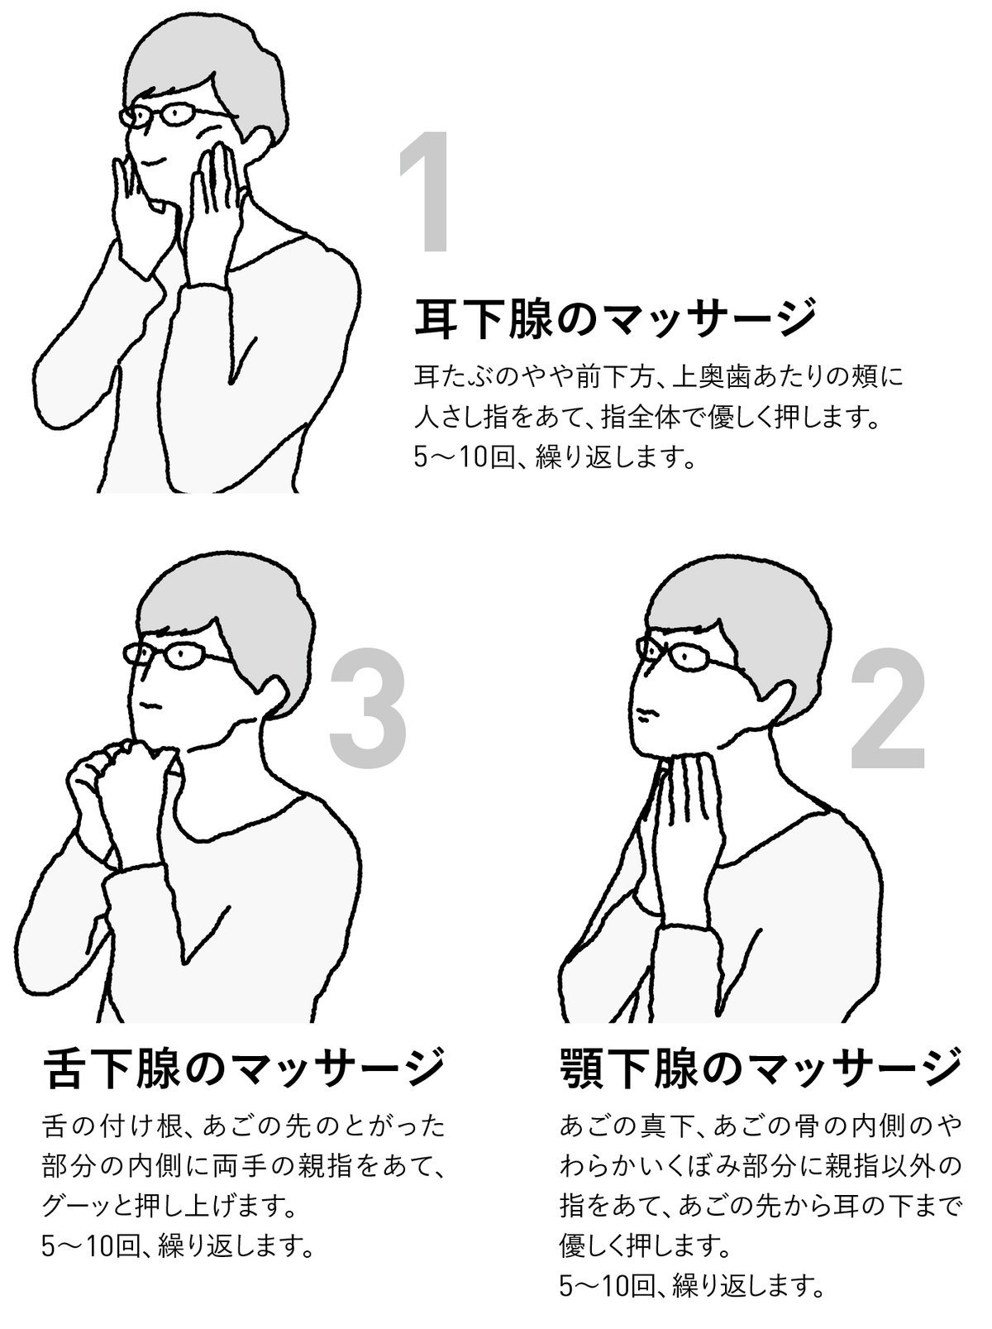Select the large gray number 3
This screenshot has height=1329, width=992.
(x=368, y=708)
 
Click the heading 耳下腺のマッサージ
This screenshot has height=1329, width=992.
(x=614, y=318)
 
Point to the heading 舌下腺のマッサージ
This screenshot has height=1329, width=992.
(x=242, y=1068)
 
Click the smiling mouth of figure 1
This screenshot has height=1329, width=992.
(x=153, y=161)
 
